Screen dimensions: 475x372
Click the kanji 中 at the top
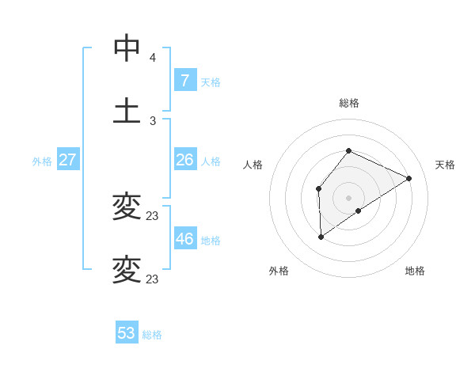click(x=127, y=48)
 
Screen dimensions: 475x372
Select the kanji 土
click(x=127, y=110)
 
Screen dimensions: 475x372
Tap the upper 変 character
click(x=127, y=207)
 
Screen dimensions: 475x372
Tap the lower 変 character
click(x=127, y=270)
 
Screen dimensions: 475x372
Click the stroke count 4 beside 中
click(x=153, y=58)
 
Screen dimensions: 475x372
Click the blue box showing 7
click(x=184, y=80)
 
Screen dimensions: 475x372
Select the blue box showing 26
click(x=184, y=159)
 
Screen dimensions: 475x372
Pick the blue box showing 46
click(x=184, y=238)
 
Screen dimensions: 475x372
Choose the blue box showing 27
click(x=67, y=159)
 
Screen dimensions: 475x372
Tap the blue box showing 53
click(x=127, y=333)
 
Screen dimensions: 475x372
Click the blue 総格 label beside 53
click(x=152, y=335)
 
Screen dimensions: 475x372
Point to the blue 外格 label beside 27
click(x=42, y=161)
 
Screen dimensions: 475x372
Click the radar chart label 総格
click(x=349, y=103)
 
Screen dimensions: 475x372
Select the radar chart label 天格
click(x=445, y=165)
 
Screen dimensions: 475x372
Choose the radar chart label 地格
click(x=415, y=271)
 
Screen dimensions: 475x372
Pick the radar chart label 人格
click(x=253, y=165)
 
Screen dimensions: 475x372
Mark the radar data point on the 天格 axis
click(x=409, y=178)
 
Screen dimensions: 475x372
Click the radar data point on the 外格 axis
click(x=321, y=236)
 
